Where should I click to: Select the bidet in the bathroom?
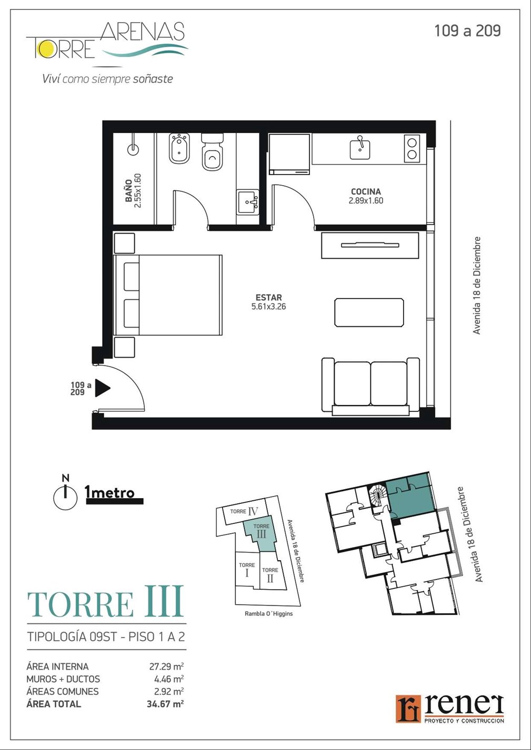pos(179,148)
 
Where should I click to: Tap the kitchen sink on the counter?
pos(360,149)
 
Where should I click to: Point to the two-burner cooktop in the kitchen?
pos(412,149)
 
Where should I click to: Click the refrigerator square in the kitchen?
pos(289,154)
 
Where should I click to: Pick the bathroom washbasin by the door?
pos(248,202)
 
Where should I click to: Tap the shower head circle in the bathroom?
pos(133,150)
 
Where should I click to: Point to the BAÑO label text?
pos(128,190)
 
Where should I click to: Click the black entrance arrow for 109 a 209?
pos(103,388)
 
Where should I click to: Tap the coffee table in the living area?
pos(369,312)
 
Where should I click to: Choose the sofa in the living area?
pos(370,387)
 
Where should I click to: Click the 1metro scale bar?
pos(115,501)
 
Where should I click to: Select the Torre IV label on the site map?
pos(244,511)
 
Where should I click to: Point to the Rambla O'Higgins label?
pos(269,614)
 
